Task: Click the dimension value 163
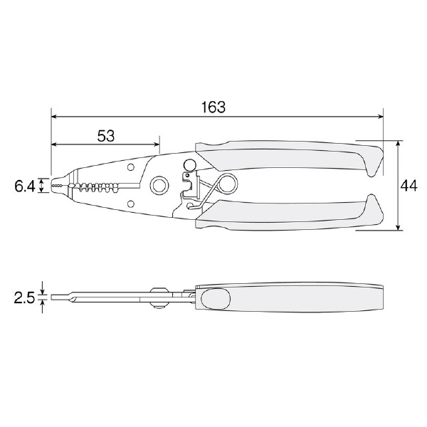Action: [x=213, y=107]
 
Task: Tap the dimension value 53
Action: [x=106, y=136]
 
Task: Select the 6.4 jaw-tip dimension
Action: [x=24, y=186]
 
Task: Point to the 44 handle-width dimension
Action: [x=408, y=186]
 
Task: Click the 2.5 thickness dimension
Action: [x=24, y=297]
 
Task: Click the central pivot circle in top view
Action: [x=159, y=186]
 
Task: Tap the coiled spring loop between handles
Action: [x=227, y=183]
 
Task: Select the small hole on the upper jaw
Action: [x=131, y=167]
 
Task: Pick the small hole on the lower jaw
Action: [x=131, y=204]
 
